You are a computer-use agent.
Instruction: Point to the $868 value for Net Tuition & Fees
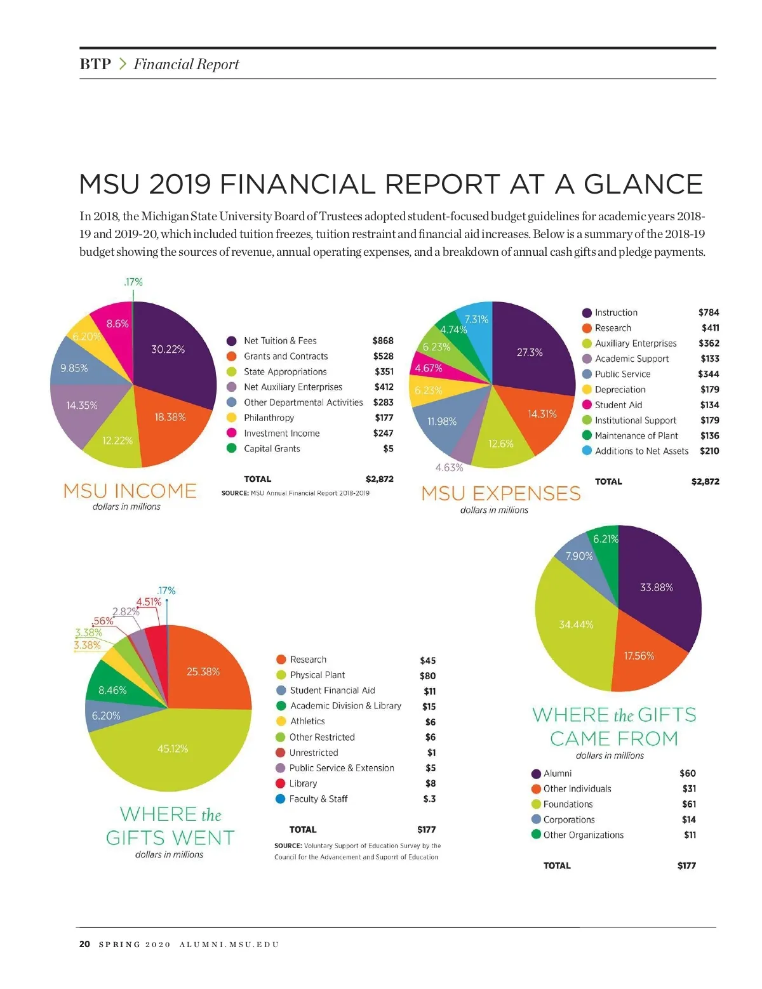pos(383,341)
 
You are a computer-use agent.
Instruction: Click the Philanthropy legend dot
pos(232,418)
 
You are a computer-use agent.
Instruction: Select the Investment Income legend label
pos(281,433)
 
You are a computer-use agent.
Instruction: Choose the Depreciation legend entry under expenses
pos(620,390)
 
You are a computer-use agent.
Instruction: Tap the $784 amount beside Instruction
pos(709,312)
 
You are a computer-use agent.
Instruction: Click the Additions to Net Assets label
pos(641,451)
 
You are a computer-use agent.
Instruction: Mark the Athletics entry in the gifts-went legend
pos(307,721)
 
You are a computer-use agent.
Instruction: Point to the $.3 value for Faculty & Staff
pos(429,799)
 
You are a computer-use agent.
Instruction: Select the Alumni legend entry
pos(557,773)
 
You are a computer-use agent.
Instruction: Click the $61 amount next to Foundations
pos(689,804)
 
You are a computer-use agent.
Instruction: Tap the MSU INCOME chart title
pos(130,491)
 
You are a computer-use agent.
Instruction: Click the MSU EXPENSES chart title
pos(501,493)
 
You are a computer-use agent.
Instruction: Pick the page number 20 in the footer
pos(84,944)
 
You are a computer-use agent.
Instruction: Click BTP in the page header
pos(95,64)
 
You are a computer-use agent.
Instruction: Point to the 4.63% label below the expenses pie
pos(449,467)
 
